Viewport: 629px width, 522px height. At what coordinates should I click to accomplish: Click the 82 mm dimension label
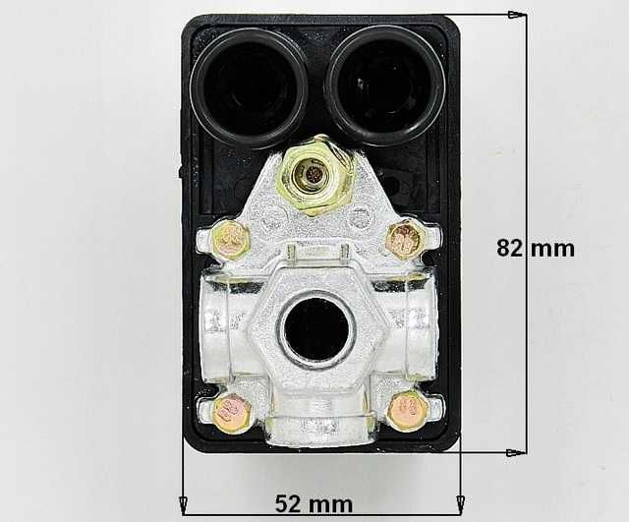click(x=536, y=248)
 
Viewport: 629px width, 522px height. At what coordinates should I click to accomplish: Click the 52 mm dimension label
click(x=314, y=504)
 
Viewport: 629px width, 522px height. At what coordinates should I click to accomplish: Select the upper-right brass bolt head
click(x=403, y=240)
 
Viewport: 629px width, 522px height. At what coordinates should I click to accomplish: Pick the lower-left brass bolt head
click(x=232, y=412)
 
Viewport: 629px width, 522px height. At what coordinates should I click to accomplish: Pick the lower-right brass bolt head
click(x=408, y=410)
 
